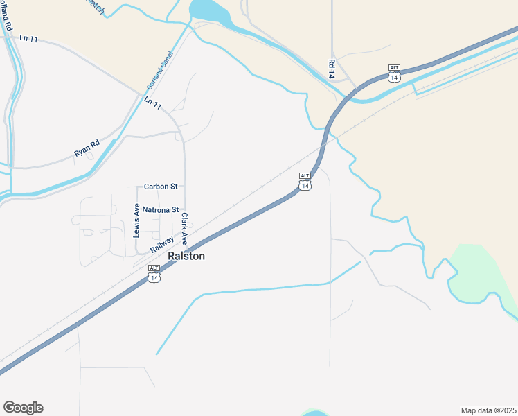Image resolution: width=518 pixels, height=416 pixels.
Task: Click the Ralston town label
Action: click(x=186, y=256)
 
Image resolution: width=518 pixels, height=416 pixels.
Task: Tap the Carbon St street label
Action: click(x=161, y=187)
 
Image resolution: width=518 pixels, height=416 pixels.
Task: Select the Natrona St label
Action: click(x=160, y=209)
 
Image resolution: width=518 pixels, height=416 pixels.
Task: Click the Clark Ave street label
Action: click(x=185, y=229)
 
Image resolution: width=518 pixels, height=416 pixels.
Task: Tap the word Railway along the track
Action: click(x=161, y=245)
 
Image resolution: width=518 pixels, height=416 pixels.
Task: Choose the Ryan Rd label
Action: click(x=87, y=148)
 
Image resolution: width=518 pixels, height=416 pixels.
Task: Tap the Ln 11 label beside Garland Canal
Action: click(x=153, y=104)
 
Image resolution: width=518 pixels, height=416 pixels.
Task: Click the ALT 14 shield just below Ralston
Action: click(x=154, y=273)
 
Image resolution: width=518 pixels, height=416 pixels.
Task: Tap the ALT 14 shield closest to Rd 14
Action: click(x=394, y=73)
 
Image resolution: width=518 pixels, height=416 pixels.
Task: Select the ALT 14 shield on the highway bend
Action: click(x=305, y=181)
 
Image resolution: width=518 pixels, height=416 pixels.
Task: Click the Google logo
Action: click(x=23, y=408)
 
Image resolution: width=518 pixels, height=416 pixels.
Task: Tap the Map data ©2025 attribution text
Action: click(x=488, y=410)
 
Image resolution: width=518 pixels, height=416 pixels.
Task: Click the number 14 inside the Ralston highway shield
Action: click(x=154, y=277)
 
